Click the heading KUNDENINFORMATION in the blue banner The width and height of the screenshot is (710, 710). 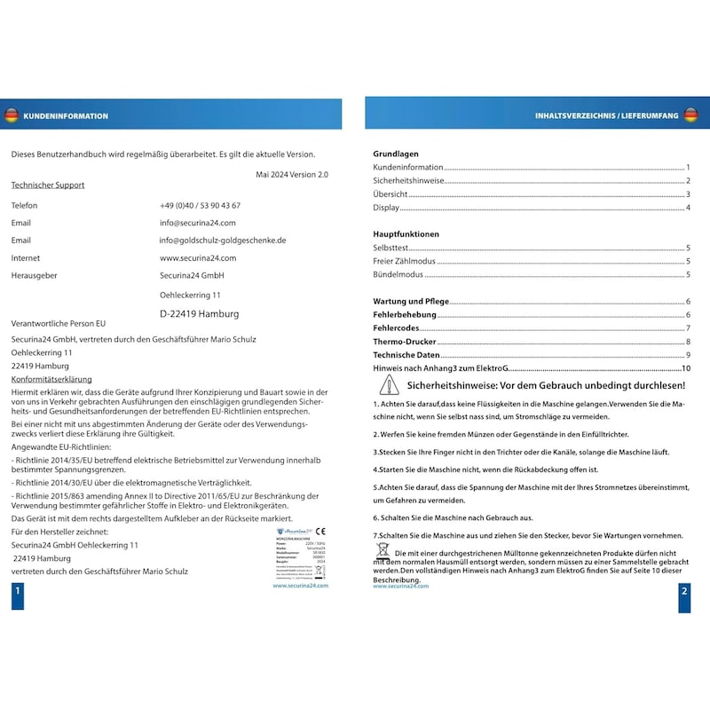click(x=66, y=115)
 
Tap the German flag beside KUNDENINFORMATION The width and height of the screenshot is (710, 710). click(x=12, y=115)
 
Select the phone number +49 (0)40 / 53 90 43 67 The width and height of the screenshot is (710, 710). click(x=200, y=205)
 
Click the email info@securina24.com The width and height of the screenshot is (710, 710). click(x=197, y=223)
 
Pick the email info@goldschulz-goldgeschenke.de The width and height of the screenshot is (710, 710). click(x=222, y=241)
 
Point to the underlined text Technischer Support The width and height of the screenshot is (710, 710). click(x=48, y=185)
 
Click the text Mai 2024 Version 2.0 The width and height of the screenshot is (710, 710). click(x=291, y=175)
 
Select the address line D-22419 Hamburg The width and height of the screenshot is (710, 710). click(x=199, y=313)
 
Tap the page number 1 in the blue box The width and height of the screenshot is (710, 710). click(x=17, y=601)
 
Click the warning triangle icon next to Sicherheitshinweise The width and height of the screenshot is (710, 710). click(x=389, y=385)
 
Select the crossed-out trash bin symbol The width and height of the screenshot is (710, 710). click(x=383, y=551)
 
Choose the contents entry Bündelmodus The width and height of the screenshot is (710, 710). click(x=397, y=275)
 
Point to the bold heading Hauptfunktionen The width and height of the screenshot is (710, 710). click(x=406, y=234)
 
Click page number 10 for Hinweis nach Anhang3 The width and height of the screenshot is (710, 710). click(x=686, y=368)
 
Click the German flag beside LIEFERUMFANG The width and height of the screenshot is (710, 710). click(x=690, y=115)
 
